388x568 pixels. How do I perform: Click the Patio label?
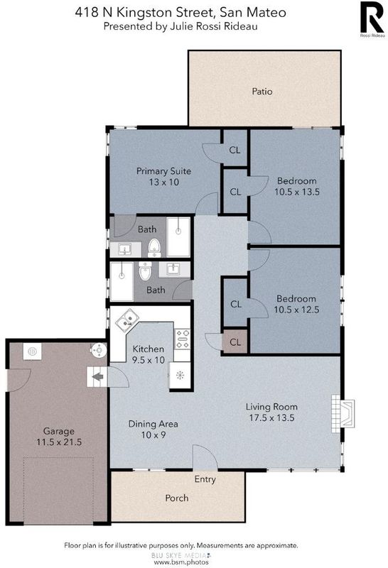262,92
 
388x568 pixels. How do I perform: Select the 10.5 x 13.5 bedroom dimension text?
297,192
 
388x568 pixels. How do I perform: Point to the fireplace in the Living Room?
343,413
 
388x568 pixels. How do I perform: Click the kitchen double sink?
127,319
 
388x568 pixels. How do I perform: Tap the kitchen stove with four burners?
182,339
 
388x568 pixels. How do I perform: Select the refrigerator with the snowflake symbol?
180,376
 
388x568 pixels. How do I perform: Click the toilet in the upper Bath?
154,247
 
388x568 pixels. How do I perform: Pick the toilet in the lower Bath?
145,271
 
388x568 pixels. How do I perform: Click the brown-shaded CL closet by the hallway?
235,342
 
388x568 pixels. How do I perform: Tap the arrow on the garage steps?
98,377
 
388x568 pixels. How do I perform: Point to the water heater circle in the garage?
98,350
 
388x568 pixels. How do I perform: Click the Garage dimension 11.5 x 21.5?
59,442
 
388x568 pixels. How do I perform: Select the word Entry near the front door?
205,479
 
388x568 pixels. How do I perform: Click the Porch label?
177,498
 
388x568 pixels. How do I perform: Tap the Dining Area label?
153,424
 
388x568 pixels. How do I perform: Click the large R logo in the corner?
372,17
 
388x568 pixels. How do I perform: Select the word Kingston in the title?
144,13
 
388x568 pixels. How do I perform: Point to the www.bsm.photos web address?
181,562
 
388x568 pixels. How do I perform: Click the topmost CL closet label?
235,150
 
